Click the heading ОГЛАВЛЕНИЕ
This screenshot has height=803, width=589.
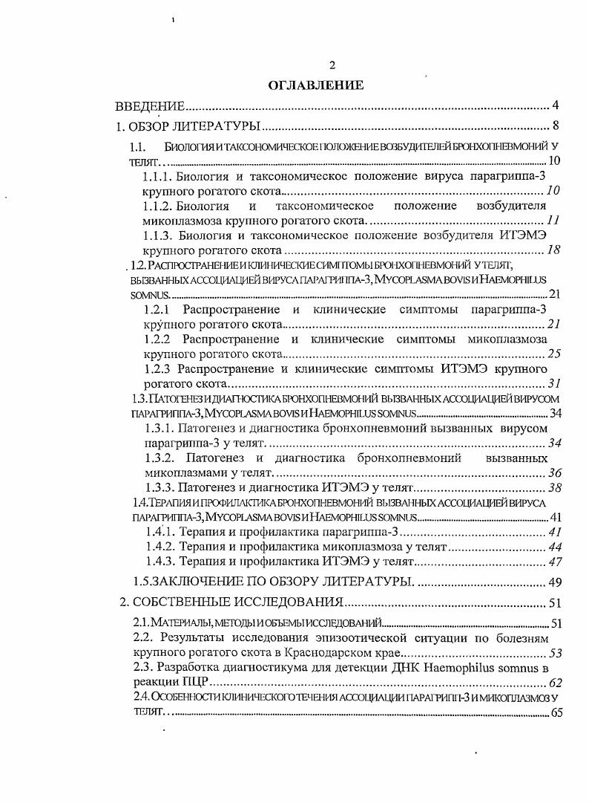point(316,85)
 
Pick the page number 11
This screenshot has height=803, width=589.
point(552,221)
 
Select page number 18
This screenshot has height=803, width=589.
point(553,250)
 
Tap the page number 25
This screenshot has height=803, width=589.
point(553,354)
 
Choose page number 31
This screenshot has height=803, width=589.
point(553,384)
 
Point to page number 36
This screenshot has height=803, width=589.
point(554,473)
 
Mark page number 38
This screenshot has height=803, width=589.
point(554,488)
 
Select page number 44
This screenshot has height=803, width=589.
point(554,547)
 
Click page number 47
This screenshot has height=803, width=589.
point(554,562)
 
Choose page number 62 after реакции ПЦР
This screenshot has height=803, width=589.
point(554,683)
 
